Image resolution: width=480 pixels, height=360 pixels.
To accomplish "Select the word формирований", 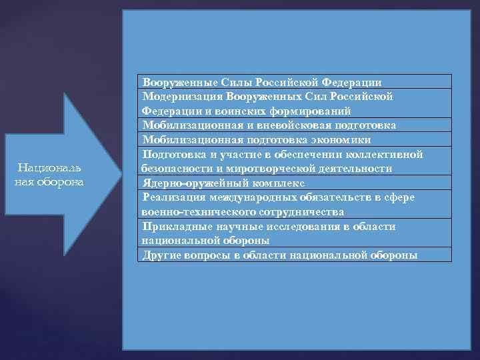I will pos(315,111).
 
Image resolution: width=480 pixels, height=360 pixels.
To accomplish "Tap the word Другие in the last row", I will pos(161,255).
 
